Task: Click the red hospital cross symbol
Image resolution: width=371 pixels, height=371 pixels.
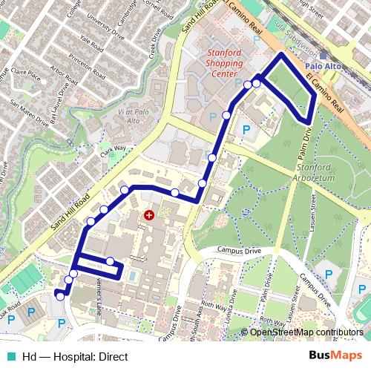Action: pos(149,215)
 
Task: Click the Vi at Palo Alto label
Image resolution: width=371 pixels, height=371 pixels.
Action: pos(134,116)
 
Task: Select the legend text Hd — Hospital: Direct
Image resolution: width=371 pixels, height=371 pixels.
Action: pos(65,356)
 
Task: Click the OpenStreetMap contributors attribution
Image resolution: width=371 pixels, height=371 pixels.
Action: pos(306,333)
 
